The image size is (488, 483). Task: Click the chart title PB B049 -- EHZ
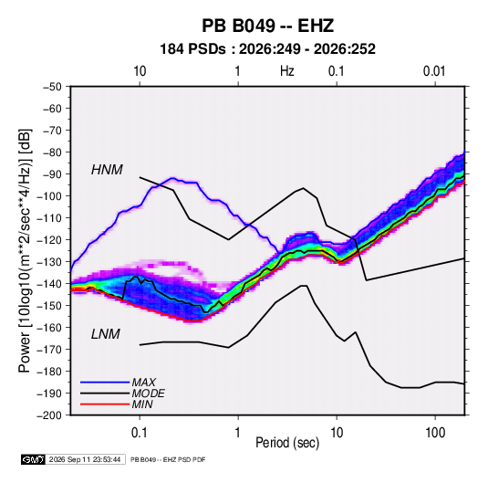pos(267,26)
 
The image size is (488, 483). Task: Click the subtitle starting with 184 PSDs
pos(267,49)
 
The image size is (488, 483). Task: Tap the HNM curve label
pos(107,170)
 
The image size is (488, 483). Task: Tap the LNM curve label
pos(106,334)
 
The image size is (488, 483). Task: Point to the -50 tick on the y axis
pos(52,87)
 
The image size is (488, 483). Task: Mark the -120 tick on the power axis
pos(49,240)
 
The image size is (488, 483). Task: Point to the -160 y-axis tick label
pos(49,328)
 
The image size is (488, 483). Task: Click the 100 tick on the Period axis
pos(435,433)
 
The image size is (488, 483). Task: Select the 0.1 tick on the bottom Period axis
pos(140,433)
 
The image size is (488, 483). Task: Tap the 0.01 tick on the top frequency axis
pos(434,71)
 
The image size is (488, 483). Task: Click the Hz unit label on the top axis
pos(287,71)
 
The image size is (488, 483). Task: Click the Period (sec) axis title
pos(287,443)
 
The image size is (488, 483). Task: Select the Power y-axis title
pos(26,251)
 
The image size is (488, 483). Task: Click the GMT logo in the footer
pos(33,459)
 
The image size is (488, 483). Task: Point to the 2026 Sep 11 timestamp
pos(85,459)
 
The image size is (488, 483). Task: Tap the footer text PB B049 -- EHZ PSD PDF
pos(168,459)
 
